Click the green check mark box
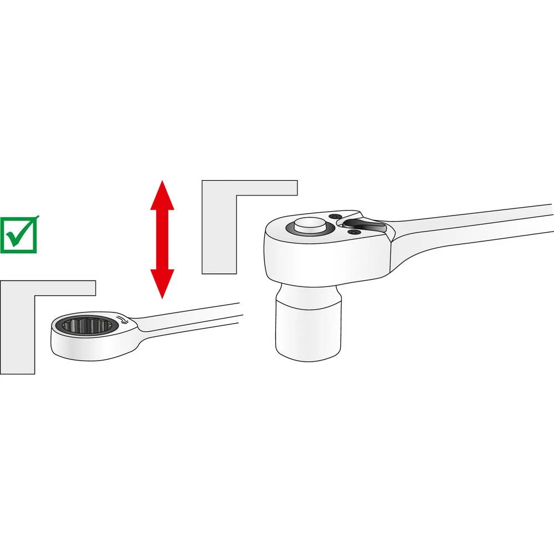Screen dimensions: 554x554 pyautogui.click(x=19, y=235)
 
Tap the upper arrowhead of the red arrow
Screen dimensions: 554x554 pyautogui.click(x=162, y=197)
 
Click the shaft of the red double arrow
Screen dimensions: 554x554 pyautogui.click(x=162, y=239)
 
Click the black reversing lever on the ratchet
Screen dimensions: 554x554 pyautogui.click(x=363, y=224)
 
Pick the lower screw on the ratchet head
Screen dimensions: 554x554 pyautogui.click(x=351, y=234)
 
